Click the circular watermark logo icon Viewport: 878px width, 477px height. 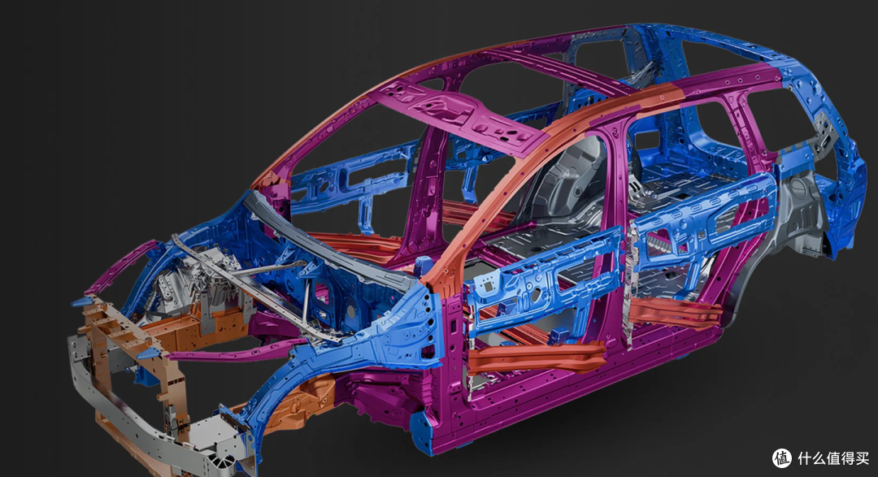782,458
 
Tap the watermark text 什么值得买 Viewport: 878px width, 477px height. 833,458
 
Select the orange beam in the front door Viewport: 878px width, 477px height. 537,356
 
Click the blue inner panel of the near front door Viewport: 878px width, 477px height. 543,280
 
